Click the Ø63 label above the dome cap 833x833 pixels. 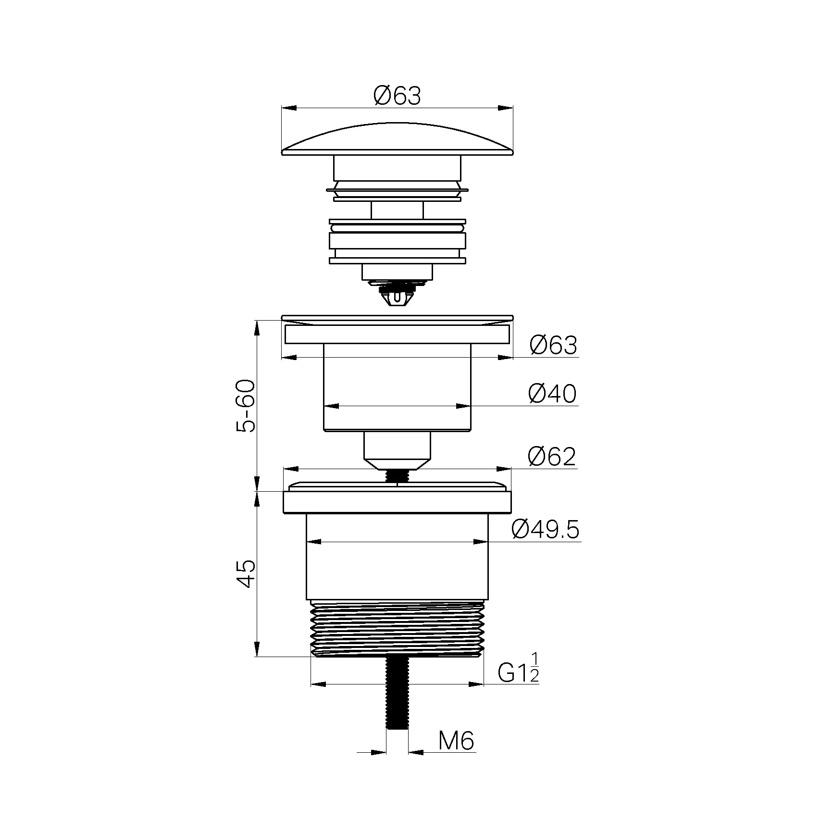pos(397,96)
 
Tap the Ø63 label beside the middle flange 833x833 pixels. pos(553,345)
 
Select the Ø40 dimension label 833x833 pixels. pos(552,394)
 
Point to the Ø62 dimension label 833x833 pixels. pos(552,456)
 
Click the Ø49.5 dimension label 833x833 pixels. pos(546,530)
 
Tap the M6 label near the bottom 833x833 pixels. pos(456,754)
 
